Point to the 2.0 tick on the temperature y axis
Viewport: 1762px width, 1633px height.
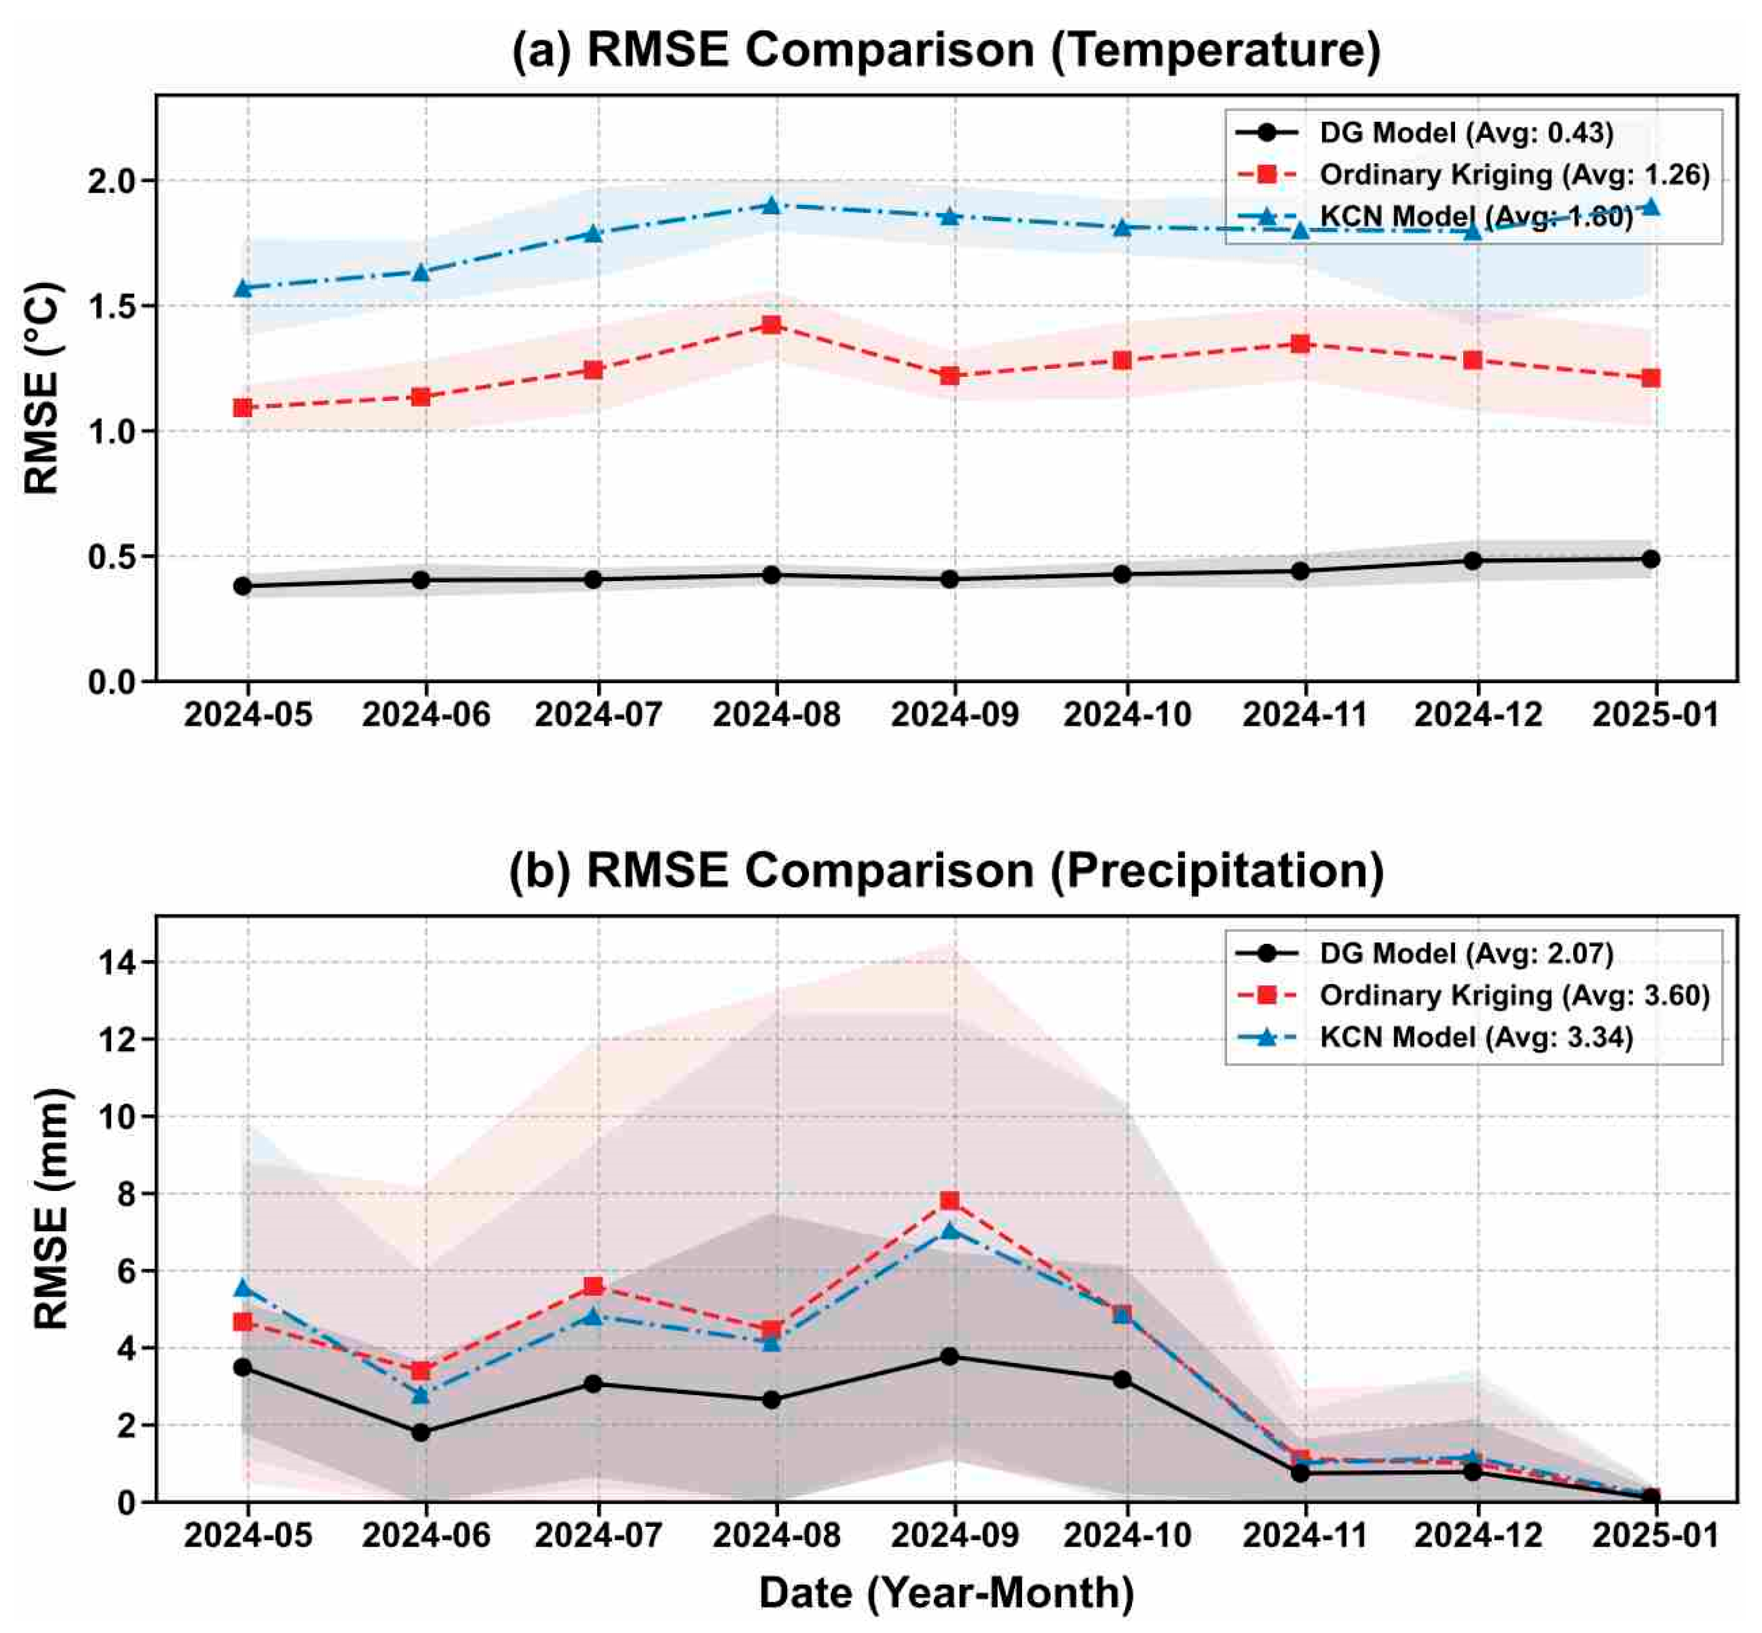pyautogui.click(x=111, y=181)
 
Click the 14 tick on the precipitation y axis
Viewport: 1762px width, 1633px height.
pyautogui.click(x=117, y=962)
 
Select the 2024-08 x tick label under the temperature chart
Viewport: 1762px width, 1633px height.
pyautogui.click(x=775, y=714)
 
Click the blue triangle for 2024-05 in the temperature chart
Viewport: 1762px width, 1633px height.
pyautogui.click(x=243, y=287)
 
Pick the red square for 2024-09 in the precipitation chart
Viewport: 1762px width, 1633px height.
pyautogui.click(x=949, y=1201)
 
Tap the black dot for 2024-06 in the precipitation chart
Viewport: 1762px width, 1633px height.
pyautogui.click(x=421, y=1432)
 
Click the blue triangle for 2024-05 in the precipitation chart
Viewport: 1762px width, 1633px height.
pyautogui.click(x=243, y=1288)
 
